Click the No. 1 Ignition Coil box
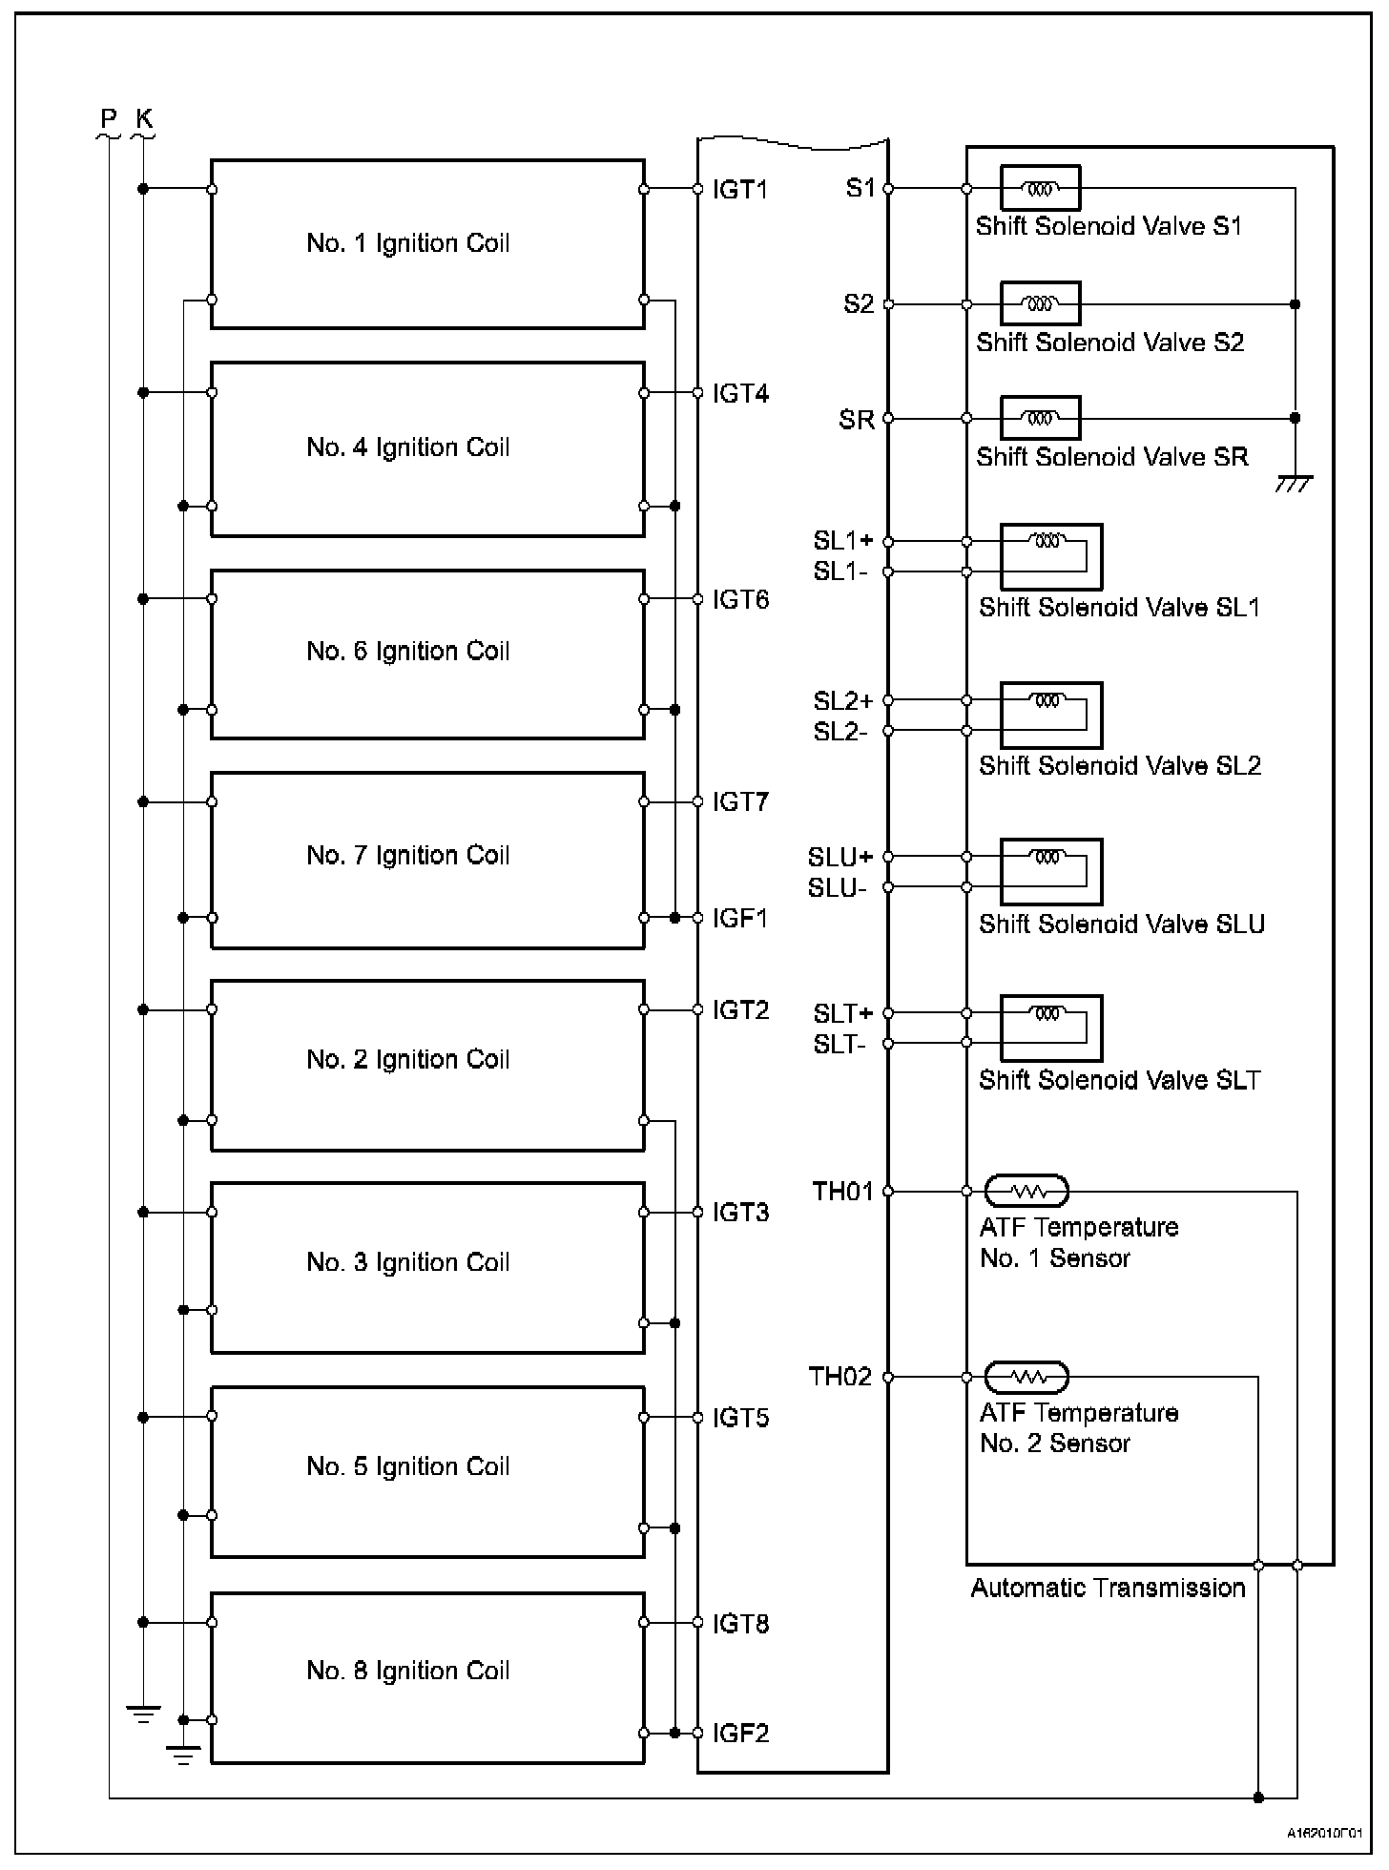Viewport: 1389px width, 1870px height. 426,243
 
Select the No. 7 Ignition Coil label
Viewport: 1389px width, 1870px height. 408,855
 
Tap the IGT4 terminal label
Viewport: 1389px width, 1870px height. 740,393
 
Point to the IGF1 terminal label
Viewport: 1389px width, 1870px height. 740,918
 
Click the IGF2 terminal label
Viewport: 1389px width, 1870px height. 740,1733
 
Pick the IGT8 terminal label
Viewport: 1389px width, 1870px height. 740,1624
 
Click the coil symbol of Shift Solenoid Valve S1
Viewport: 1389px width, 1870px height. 1040,189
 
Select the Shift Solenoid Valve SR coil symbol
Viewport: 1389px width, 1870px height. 1040,418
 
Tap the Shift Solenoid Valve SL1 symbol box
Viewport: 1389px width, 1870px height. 1051,556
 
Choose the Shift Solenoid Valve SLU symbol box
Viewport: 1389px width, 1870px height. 1051,871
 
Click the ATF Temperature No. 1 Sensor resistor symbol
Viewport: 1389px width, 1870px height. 1026,1191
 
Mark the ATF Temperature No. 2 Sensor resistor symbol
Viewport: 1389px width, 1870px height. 1026,1377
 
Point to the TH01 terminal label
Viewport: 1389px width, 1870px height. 842,1191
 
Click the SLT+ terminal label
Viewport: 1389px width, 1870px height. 842,1013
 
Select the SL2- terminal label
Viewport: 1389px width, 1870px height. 840,732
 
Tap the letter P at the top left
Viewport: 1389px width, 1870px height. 109,119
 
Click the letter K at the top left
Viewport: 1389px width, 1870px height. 144,119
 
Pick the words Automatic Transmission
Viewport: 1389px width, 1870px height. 1108,1588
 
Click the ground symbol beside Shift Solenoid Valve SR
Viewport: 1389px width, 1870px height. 1294,483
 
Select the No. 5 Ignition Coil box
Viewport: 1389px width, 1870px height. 426,1471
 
